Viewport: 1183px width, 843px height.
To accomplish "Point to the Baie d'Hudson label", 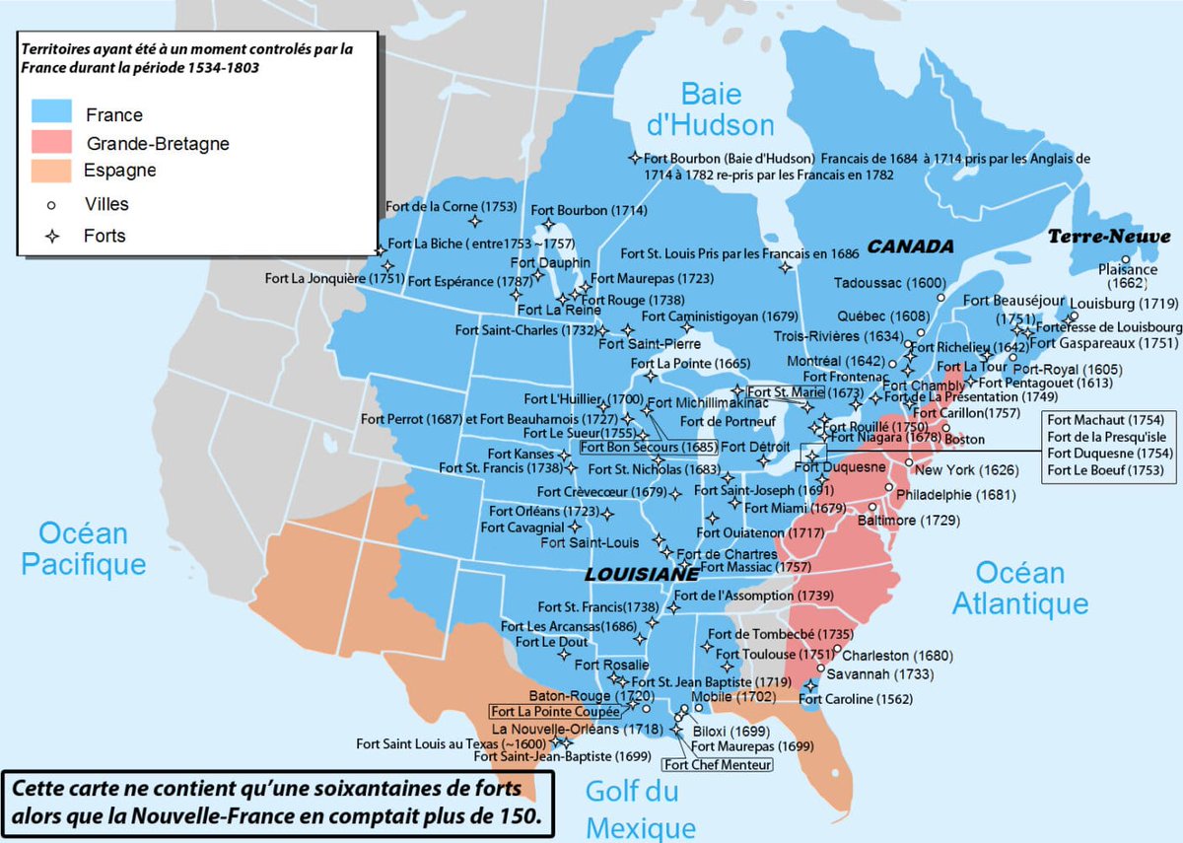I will pos(728,108).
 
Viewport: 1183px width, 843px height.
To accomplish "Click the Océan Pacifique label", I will pos(84,548).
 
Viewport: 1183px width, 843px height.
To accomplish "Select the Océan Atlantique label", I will pos(1020,588).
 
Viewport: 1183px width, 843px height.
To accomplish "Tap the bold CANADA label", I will pos(910,246).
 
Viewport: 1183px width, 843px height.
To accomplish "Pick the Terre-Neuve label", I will pos(1109,237).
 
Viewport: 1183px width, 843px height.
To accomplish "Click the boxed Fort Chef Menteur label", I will pos(717,764).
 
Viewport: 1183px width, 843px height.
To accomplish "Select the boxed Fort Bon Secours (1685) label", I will pos(648,446).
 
